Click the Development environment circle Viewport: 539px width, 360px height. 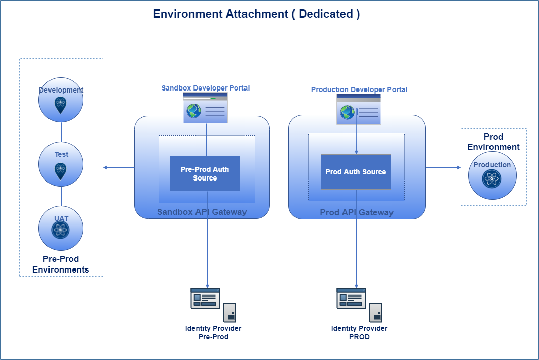(x=61, y=100)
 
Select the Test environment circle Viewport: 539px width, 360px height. (x=61, y=164)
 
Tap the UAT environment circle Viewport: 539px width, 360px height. (x=61, y=228)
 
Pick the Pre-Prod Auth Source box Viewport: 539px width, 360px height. (x=205, y=173)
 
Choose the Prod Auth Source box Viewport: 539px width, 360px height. (x=356, y=172)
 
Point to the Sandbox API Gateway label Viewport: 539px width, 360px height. (x=202, y=212)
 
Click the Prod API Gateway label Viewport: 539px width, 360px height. (x=357, y=212)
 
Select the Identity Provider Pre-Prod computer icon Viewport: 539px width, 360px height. (x=213, y=304)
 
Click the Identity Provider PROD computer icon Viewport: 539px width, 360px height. (x=359, y=304)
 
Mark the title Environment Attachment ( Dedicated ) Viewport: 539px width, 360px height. (x=256, y=14)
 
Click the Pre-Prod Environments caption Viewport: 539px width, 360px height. (x=61, y=264)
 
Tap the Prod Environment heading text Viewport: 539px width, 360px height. (x=493, y=142)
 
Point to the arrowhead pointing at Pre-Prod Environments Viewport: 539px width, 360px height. (x=105, y=167)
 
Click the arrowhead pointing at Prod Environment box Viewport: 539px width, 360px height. (x=458, y=167)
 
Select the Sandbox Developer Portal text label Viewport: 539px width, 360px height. (x=206, y=88)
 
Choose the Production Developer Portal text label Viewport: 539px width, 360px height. (x=359, y=89)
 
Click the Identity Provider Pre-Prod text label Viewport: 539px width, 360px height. (x=213, y=333)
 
